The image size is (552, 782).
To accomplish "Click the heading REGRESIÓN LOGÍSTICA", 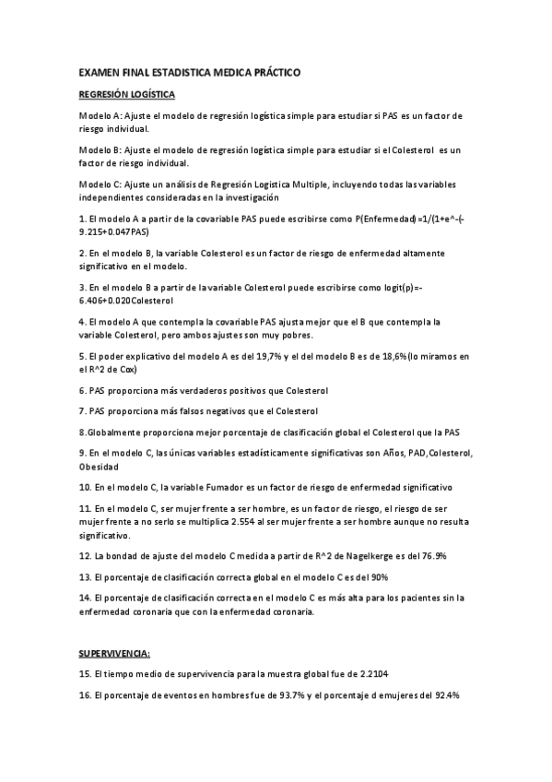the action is click(x=126, y=94).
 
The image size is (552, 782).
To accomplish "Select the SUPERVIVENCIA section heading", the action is click(x=114, y=653).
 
